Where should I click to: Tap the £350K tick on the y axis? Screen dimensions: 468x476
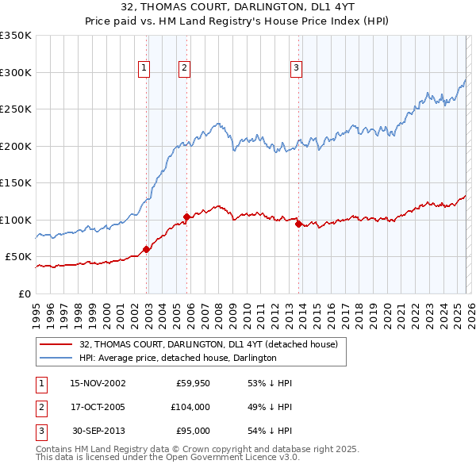[16, 36]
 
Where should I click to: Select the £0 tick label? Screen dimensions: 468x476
[24, 293]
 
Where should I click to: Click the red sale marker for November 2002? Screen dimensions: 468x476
[147, 249]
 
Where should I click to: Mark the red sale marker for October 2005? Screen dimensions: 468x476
[187, 217]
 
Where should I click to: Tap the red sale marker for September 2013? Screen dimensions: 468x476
[299, 224]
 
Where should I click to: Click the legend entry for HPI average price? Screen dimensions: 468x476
[178, 359]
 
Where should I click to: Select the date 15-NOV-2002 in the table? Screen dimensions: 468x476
[98, 383]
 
